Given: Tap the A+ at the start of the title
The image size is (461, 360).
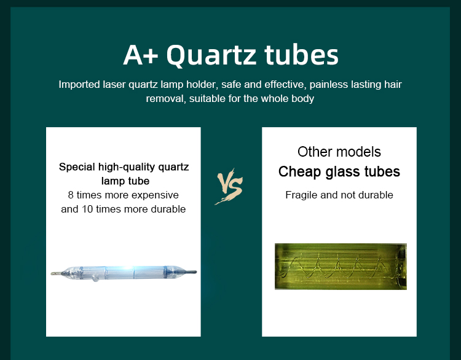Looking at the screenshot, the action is [141, 55].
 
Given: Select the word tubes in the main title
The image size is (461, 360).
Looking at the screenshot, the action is [302, 55].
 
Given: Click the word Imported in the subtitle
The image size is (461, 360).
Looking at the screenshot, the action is [79, 85].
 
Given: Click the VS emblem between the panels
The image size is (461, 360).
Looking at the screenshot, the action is [230, 186].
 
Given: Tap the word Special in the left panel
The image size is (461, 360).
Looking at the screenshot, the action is [77, 167].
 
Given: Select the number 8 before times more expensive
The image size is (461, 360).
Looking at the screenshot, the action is [71, 195].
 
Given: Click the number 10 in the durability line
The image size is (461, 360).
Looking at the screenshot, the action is [87, 209].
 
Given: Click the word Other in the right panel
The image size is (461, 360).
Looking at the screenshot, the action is [314, 152].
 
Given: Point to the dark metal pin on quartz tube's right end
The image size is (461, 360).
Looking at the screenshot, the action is [191, 272].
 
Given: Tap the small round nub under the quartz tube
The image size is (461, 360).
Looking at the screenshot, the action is [95, 278].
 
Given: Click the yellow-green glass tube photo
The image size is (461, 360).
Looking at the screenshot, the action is [341, 267].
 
